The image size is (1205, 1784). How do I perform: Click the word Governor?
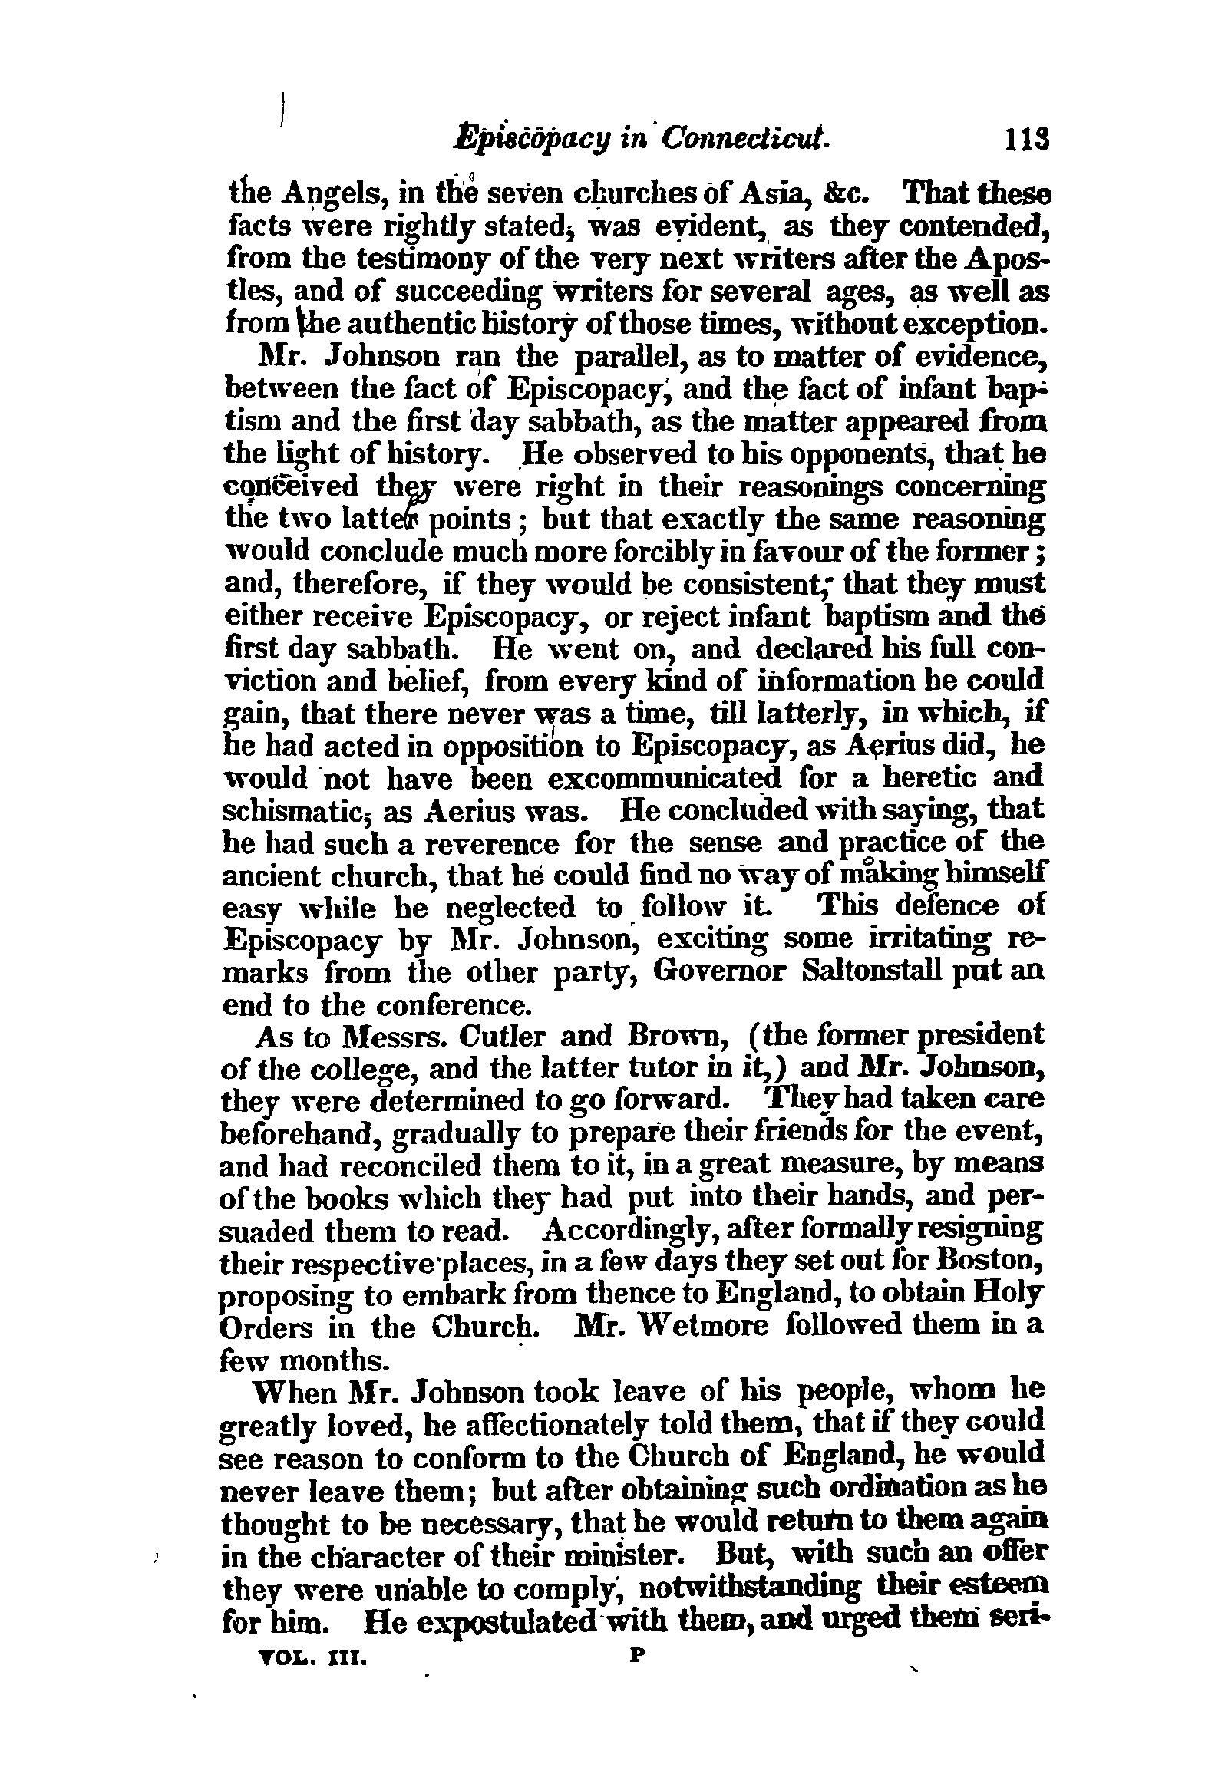720,971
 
